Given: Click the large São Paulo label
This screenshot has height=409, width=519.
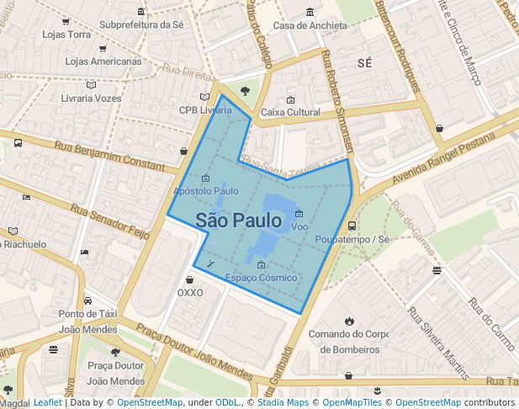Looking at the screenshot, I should tap(239, 220).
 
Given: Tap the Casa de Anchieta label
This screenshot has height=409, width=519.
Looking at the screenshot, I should tap(310, 25).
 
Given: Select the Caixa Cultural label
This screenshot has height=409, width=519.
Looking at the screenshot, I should tap(290, 112).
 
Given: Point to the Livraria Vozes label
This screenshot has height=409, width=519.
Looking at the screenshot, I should tap(92, 98).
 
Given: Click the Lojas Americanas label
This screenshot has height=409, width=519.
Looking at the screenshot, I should tap(103, 61).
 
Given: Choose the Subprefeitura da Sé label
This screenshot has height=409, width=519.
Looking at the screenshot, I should tap(141, 24).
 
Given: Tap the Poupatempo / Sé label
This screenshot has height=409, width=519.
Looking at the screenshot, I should tap(352, 239).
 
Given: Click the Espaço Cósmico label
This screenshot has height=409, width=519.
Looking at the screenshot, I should tap(261, 278).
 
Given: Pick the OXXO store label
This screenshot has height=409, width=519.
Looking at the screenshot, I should tap(190, 293).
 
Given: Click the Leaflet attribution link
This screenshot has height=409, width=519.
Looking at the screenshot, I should tap(47, 402).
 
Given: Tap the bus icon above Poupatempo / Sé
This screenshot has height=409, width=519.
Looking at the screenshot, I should tap(352, 226).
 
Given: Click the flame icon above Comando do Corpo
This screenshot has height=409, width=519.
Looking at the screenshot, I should tap(349, 321).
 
